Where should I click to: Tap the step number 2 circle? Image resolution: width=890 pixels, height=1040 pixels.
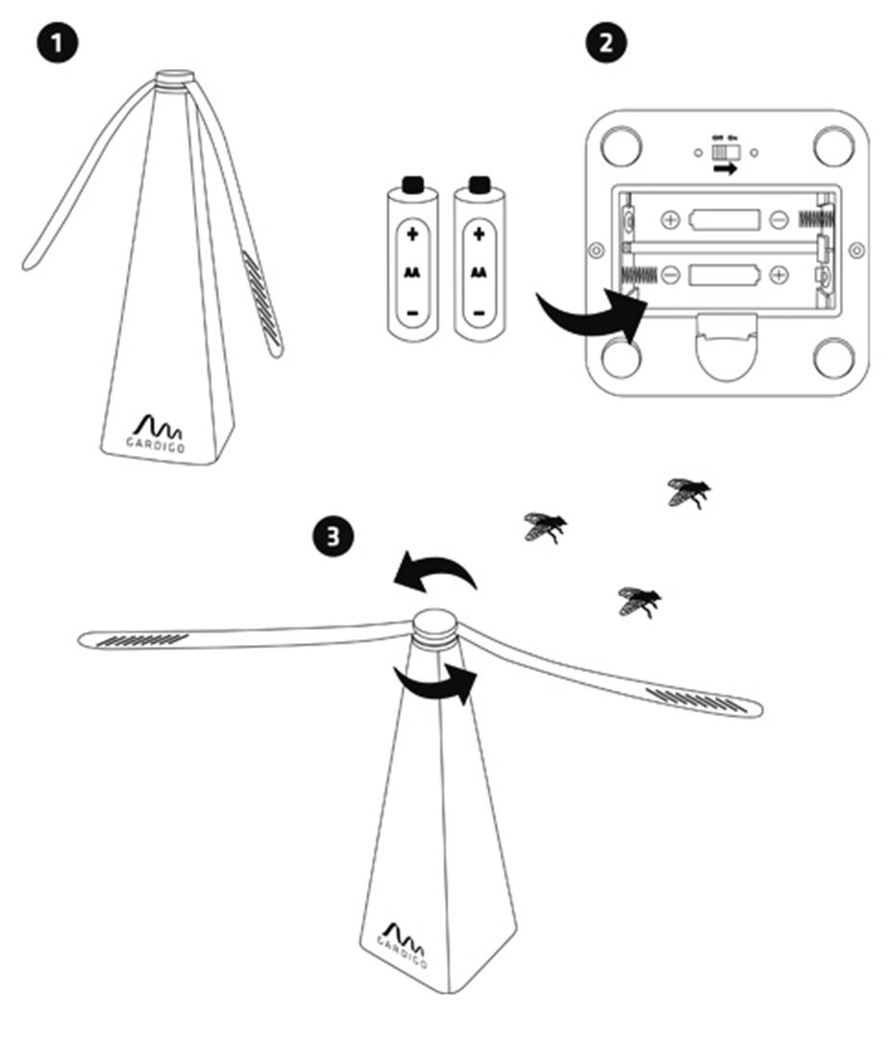[606, 42]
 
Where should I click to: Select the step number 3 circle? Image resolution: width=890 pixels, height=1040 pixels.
[333, 536]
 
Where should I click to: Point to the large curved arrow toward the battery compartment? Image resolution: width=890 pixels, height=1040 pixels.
[588, 316]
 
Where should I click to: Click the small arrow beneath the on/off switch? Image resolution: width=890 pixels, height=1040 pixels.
[725, 169]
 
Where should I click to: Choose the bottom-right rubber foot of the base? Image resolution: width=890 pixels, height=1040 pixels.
[833, 358]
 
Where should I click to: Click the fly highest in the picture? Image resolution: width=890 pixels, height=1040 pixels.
[688, 492]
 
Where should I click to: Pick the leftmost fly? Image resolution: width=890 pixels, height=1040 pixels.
[544, 526]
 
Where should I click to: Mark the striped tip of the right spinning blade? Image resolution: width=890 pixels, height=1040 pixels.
[696, 699]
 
